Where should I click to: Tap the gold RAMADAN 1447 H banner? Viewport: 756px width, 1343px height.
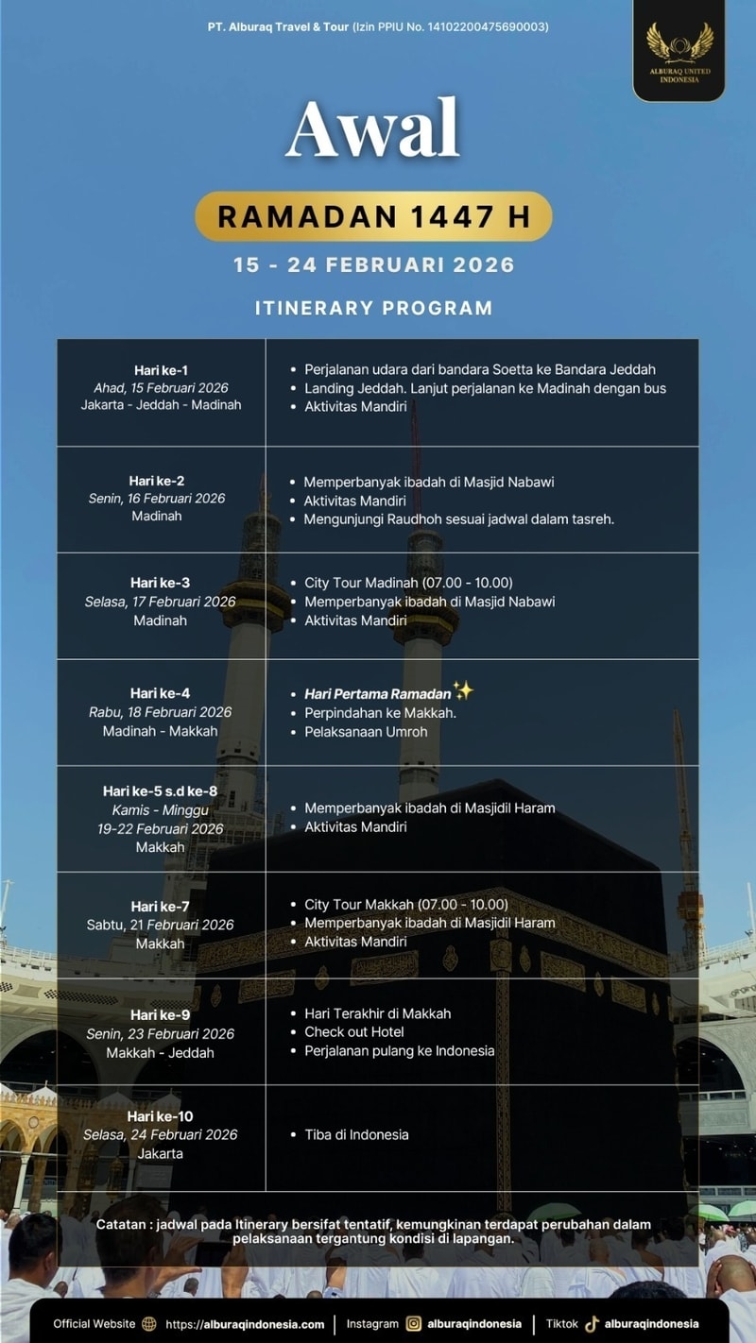[x=373, y=216]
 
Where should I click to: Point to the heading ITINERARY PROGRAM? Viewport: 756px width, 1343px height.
[x=373, y=308]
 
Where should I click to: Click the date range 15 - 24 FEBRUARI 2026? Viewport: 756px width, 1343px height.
[x=374, y=264]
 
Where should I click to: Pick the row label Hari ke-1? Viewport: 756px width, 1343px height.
[x=161, y=370]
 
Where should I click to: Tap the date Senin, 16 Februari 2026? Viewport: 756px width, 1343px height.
[x=157, y=499]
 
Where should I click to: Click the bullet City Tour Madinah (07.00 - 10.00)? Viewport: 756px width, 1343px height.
[x=408, y=583]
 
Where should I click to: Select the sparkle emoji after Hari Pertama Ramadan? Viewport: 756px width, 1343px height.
[x=462, y=691]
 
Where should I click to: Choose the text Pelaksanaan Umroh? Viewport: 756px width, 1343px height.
[x=366, y=732]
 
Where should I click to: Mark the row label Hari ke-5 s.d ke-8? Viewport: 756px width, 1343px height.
[x=160, y=791]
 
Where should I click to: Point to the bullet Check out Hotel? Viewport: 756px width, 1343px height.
[x=354, y=1032]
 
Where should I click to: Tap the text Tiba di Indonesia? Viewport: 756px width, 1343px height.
[x=356, y=1134]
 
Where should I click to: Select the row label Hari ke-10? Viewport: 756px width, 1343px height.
[x=160, y=1116]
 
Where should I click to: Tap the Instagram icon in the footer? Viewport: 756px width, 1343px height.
[x=414, y=1324]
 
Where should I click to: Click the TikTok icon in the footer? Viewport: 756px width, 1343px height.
[x=593, y=1324]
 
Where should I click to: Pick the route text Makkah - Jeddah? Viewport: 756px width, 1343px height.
[x=160, y=1053]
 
